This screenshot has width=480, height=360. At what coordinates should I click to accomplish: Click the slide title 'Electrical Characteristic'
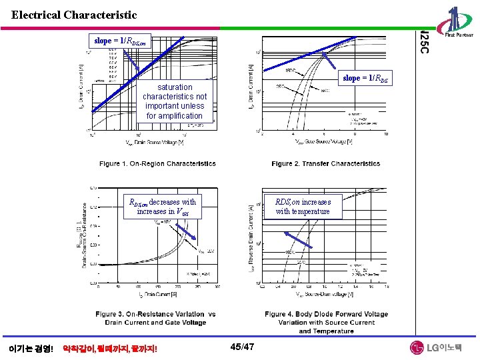tap(74, 15)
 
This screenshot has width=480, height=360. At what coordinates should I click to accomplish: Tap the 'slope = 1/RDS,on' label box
tap(120, 41)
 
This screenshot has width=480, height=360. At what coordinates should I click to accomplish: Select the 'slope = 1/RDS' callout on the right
tap(366, 79)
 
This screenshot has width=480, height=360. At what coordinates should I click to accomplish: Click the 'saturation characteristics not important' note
tap(175, 101)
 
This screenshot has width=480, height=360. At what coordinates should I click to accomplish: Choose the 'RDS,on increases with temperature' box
tap(303, 206)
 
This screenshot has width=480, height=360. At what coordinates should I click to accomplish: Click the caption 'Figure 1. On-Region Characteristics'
tap(157, 163)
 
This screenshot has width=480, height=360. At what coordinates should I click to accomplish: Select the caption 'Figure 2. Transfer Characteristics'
tap(325, 163)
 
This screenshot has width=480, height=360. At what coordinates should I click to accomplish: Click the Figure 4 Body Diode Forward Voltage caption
tap(326, 322)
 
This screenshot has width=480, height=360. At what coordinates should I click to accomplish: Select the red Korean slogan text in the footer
tap(109, 348)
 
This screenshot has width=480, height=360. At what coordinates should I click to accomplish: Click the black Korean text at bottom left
tap(31, 348)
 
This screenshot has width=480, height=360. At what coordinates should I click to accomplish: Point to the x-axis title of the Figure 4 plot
tap(321, 294)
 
